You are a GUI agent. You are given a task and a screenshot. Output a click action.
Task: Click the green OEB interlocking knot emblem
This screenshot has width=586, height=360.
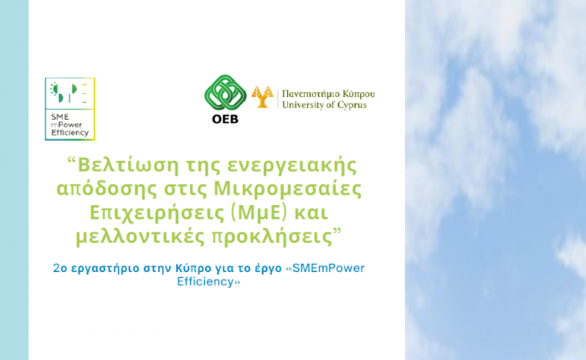[225, 92]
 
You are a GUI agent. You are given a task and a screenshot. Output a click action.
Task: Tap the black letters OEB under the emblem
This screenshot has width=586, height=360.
[225, 119]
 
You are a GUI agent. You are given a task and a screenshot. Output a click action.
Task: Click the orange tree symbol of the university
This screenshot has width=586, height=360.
[262, 97]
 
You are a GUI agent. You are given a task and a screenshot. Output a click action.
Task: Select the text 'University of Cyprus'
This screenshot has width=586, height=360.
[325, 105]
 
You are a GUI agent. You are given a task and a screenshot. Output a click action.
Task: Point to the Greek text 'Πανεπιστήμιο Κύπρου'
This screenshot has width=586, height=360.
[328, 94]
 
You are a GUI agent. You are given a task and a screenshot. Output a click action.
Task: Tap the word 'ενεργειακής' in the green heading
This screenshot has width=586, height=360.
[291, 166]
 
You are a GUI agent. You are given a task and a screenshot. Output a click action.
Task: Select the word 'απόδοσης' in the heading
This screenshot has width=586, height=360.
[107, 188]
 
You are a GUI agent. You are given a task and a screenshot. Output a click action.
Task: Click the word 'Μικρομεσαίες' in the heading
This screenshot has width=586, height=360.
[287, 188]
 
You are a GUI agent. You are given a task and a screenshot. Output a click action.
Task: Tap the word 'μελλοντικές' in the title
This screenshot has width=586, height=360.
[140, 237]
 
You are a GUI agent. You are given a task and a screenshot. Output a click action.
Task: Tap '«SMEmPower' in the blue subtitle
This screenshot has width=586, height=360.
[325, 268]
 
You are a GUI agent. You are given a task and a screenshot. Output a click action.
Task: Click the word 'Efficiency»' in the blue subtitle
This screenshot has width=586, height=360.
[208, 281]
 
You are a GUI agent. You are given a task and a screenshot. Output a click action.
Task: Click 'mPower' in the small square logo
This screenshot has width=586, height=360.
[66, 125]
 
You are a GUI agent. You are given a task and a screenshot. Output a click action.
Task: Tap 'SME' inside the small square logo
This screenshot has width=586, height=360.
[59, 116]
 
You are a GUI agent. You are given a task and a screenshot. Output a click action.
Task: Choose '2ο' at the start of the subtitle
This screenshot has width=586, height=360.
[59, 268]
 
